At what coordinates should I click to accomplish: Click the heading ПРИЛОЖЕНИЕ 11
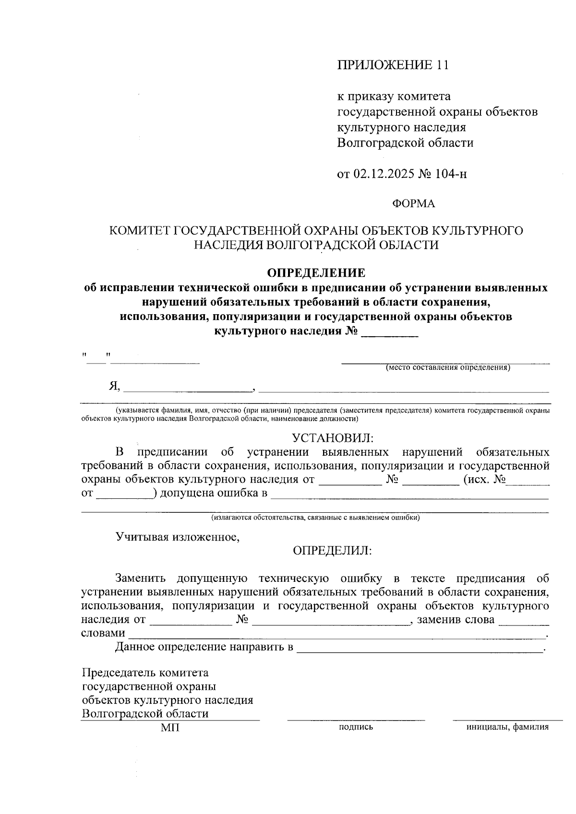[393, 65]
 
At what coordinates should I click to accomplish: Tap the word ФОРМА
[413, 204]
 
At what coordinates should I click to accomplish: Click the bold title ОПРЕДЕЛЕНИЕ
[316, 273]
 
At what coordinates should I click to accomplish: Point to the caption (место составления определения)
[447, 368]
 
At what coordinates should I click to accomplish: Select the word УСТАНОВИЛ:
[332, 438]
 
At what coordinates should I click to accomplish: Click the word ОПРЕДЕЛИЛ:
[332, 551]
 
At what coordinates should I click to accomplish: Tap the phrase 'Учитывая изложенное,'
[178, 537]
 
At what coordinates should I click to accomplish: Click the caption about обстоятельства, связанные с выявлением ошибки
[315, 518]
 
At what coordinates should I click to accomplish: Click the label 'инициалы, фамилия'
[507, 727]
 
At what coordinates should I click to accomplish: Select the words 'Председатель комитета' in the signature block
[145, 673]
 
